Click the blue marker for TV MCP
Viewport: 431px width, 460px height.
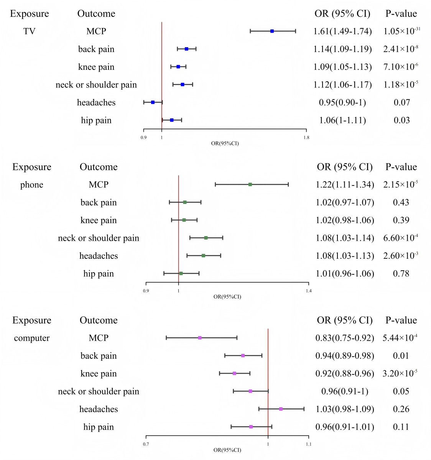pos(272,31)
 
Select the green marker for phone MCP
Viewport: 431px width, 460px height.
pos(250,184)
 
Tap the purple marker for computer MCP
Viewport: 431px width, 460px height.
pos(200,338)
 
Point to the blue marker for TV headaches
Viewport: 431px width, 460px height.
pos(153,102)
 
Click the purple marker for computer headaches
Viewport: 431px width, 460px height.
pos(281,409)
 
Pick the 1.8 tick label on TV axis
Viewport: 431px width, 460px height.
pos(306,138)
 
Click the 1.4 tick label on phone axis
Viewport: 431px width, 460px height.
pos(309,291)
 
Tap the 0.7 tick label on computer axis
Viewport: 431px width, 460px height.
pos(146,444)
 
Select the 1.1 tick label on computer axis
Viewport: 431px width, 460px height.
pos(309,444)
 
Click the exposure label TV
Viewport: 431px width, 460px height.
pos(30,31)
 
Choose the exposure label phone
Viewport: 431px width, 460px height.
pos(32,185)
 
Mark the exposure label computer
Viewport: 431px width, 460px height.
pos(32,338)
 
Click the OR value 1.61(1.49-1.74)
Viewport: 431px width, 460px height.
pos(342,31)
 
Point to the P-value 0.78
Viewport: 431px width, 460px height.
pos(401,274)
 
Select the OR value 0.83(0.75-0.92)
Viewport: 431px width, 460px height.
pos(345,338)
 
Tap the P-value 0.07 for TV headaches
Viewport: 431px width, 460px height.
pos(402,103)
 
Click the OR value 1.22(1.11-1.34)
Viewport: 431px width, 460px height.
pos(345,185)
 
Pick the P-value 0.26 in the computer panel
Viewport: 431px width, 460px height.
pos(401,409)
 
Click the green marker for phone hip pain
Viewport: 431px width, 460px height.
pos(181,273)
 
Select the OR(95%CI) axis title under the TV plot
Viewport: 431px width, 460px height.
pos(225,143)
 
